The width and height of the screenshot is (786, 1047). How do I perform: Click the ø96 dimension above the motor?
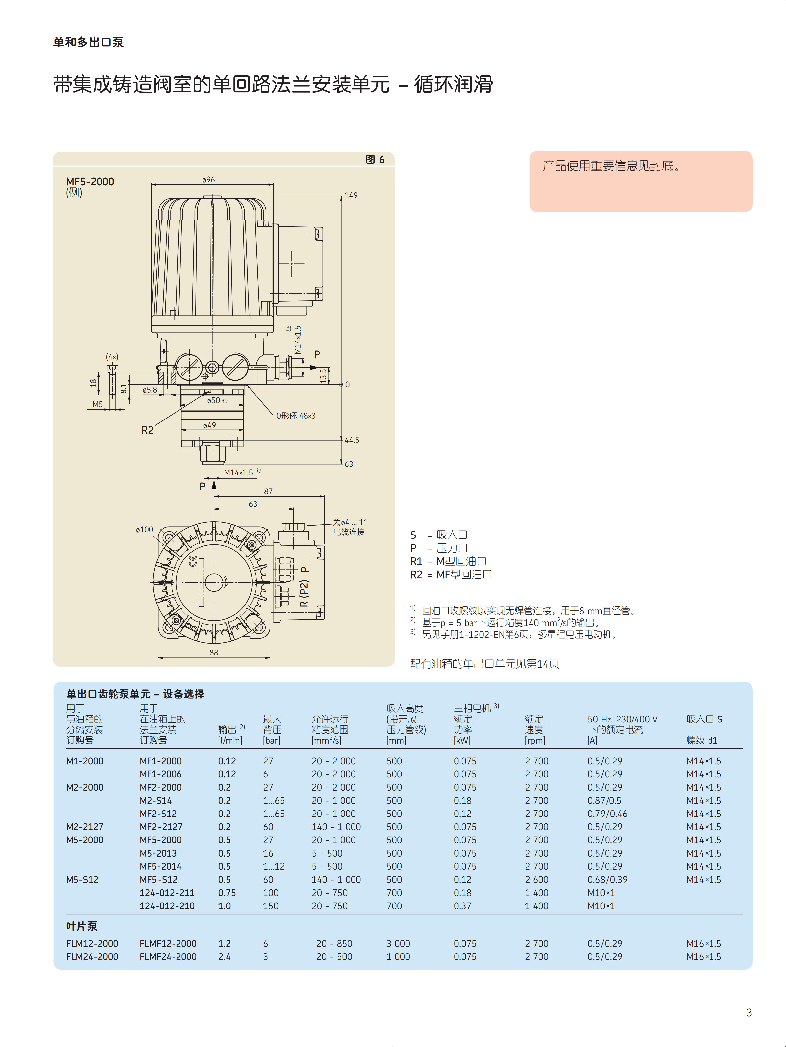(208, 180)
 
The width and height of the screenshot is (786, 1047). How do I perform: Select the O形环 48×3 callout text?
(296, 416)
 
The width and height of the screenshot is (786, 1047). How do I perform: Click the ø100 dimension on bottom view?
(145, 530)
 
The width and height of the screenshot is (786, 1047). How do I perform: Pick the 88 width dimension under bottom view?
(214, 653)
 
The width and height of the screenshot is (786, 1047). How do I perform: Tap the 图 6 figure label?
(375, 160)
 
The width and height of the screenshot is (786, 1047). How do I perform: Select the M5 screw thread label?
(98, 404)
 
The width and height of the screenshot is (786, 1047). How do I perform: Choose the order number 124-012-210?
(167, 906)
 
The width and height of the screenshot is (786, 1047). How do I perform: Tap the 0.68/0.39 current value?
(607, 880)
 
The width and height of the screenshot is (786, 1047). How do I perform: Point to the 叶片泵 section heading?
(81, 926)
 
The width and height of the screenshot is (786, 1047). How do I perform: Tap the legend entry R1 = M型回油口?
(448, 561)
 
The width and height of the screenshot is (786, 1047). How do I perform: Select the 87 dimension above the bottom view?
(268, 491)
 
